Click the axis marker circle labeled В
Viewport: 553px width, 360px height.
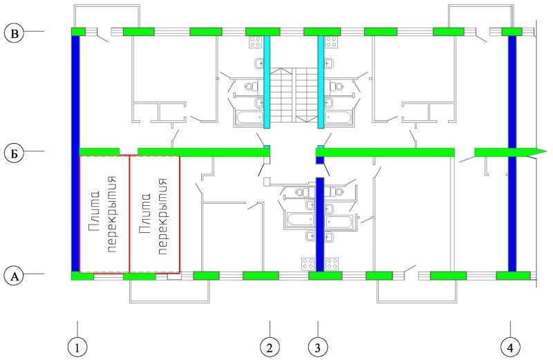coord(15,33)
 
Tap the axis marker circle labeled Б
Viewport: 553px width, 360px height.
coord(15,153)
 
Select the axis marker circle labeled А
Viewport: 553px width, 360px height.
coord(15,276)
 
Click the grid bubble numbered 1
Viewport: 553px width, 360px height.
coord(77,348)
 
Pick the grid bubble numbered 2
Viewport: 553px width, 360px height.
coord(270,348)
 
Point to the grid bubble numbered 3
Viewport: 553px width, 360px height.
coord(317,348)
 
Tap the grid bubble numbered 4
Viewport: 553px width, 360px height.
coord(510,348)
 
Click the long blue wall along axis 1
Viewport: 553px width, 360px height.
coord(75,153)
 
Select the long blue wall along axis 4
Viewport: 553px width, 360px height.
coord(512,153)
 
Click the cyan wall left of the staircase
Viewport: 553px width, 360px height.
coord(267,82)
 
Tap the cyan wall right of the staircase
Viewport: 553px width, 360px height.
coord(321,82)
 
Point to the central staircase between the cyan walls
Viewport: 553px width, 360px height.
coord(294,95)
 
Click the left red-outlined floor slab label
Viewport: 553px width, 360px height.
coord(102,214)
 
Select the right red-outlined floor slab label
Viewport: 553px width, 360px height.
coord(153,216)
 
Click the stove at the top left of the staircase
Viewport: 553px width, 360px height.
coord(255,42)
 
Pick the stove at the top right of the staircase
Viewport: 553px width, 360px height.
coord(332,42)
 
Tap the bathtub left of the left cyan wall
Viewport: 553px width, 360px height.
coord(249,117)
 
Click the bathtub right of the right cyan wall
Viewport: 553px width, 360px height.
coord(339,117)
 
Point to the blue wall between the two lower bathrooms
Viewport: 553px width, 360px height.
coord(320,225)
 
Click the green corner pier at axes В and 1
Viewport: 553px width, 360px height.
coord(79,32)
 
